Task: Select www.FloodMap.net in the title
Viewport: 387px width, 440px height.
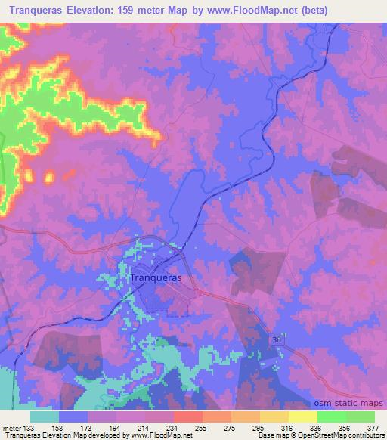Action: [277, 10]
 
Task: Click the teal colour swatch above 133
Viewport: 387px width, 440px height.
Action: [45, 416]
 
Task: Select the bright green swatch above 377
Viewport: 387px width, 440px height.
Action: [361, 416]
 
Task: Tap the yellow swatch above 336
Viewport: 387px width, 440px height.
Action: [302, 416]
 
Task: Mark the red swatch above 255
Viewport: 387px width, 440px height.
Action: [187, 416]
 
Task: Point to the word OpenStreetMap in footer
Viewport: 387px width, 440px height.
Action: [340, 435]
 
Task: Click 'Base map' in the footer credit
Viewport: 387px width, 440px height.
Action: [270, 435]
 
